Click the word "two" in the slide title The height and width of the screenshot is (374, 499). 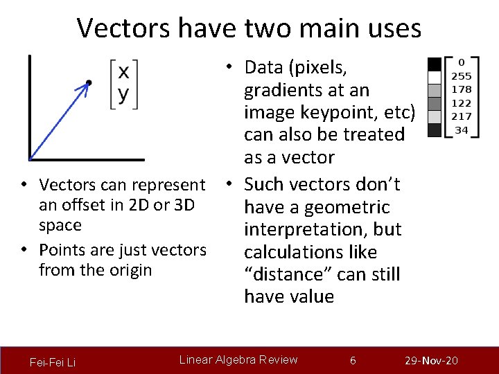pyautogui.click(x=271, y=28)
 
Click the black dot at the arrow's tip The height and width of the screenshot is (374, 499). pyautogui.click(x=88, y=84)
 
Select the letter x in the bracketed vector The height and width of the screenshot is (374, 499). pyautogui.click(x=123, y=73)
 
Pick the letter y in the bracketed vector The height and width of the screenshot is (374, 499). pyautogui.click(x=123, y=94)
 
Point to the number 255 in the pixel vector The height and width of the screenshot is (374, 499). pyautogui.click(x=462, y=76)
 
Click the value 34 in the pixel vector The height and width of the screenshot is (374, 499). pyautogui.click(x=462, y=130)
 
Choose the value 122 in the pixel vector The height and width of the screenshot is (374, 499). pyautogui.click(x=462, y=103)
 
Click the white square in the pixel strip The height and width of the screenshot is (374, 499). pyautogui.click(x=435, y=77)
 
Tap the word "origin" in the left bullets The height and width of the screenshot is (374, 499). pyautogui.click(x=130, y=269)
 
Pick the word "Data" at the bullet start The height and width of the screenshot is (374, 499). pyautogui.click(x=265, y=67)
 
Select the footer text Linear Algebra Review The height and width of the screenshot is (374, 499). pyautogui.click(x=238, y=359)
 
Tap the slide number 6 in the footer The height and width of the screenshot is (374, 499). pyautogui.click(x=353, y=360)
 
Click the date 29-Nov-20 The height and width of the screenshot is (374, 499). pyautogui.click(x=432, y=361)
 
